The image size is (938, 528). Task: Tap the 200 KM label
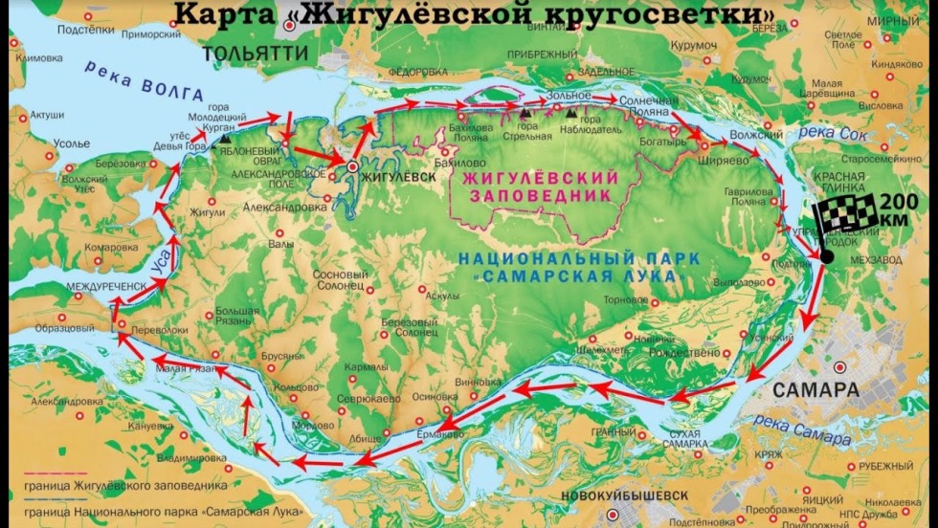coord(904,209)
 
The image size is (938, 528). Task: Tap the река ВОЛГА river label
coord(145,80)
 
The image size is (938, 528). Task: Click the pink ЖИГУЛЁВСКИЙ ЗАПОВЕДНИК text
coord(539,187)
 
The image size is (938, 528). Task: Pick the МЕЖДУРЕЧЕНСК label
coord(106,286)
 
